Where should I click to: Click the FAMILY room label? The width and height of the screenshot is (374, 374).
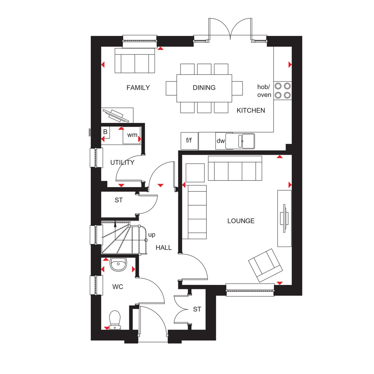pos(138,88)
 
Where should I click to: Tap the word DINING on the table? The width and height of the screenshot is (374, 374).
pos(204,88)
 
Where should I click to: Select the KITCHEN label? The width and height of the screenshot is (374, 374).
pos(251,110)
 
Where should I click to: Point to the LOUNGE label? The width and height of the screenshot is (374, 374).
pos(241,221)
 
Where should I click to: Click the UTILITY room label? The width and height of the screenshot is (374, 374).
pos(122,163)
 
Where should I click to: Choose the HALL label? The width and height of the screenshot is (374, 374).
pos(164,248)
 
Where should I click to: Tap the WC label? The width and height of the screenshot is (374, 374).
pos(118,287)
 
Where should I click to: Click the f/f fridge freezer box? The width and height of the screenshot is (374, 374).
pos(189,141)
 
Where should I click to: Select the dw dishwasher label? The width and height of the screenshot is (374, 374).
pos(221,141)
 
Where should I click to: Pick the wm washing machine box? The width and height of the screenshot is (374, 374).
pos(132,135)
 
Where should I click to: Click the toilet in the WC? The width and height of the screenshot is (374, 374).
pos(115,320)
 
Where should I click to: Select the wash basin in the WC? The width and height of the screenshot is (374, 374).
pos(118,264)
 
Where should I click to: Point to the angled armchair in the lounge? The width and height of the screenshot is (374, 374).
pos(266,265)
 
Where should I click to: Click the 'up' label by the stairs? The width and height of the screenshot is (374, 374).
pos(152,234)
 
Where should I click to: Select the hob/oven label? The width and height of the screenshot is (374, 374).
pos(264,91)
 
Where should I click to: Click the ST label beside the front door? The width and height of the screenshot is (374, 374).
pos(197,309)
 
